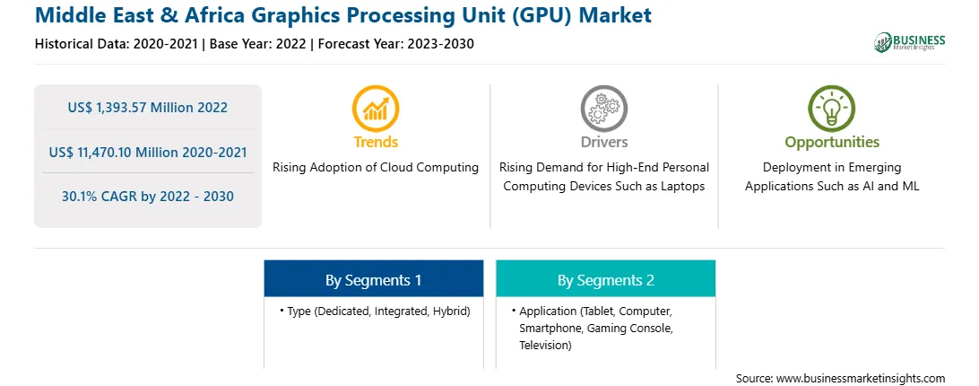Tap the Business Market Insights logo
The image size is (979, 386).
[910, 42]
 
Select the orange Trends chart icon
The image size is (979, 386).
[376, 109]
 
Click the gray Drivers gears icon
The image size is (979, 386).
[603, 109]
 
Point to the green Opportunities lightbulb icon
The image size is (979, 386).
[832, 109]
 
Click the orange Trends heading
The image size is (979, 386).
[376, 142]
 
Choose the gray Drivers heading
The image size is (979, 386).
[604, 142]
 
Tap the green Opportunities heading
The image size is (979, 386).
[832, 143]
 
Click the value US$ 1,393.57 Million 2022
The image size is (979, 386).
[147, 108]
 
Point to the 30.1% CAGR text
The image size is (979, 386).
[96, 197]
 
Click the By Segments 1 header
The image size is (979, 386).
[373, 280]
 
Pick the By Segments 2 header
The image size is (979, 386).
[606, 280]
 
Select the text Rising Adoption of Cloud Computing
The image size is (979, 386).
[376, 168]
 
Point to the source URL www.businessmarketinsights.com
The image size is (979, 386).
[861, 379]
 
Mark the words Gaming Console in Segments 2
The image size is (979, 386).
[637, 328]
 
